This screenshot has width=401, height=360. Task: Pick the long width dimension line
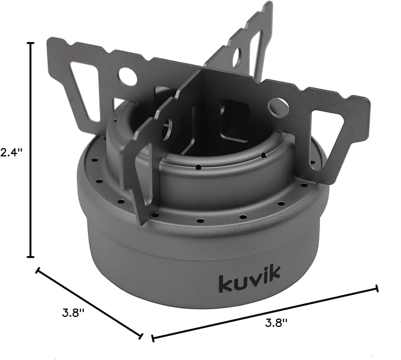tap(265, 313)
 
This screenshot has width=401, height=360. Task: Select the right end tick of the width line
tap(377, 289)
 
